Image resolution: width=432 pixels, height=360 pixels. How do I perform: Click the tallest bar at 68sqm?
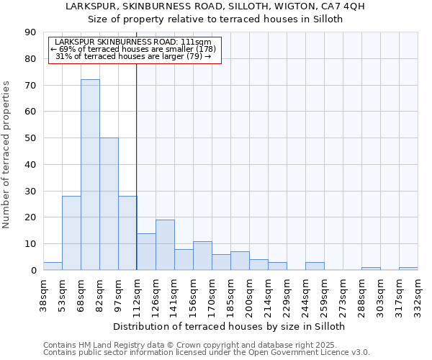tap(90, 175)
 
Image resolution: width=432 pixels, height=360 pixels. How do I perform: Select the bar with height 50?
tap(109, 204)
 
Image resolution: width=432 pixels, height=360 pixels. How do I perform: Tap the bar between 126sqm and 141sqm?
tap(165, 245)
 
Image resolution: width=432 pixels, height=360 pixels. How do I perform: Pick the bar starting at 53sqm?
tap(71, 233)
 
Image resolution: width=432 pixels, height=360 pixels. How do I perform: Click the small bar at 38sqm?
tap(53, 266)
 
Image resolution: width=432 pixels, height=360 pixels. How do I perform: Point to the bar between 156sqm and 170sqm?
tap(202, 256)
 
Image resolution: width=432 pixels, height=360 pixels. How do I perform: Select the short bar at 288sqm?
tap(371, 269)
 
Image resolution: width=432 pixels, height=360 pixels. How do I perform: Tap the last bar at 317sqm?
tap(408, 269)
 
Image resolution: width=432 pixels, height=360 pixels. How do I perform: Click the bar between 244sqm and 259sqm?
tap(315, 266)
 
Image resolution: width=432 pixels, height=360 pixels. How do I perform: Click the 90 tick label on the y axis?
tap(30, 32)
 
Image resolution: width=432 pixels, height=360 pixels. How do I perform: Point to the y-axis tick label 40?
tap(30, 165)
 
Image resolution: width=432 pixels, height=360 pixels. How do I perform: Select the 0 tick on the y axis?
tap(33, 271)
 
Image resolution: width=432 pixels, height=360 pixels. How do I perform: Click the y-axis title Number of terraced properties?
tap(7, 155)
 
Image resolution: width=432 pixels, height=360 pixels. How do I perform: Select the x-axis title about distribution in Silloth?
tap(230, 326)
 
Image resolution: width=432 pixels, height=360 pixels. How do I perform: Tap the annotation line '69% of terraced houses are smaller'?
tap(133, 49)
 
